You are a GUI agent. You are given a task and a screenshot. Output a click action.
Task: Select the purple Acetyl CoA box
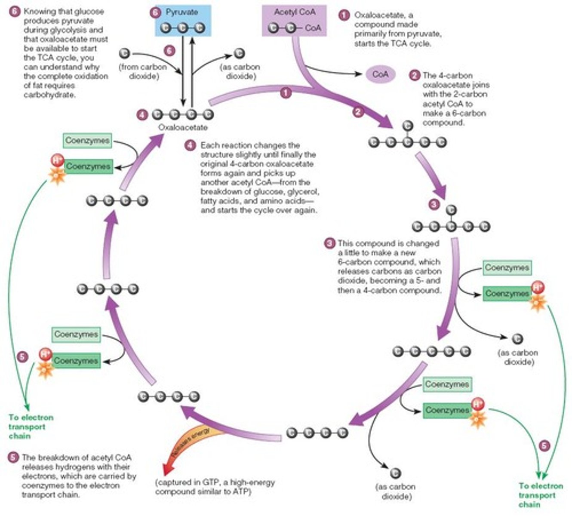(295, 21)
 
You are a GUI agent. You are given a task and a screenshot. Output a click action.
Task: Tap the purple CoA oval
(380, 74)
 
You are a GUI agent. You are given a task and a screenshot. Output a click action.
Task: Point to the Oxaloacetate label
(183, 127)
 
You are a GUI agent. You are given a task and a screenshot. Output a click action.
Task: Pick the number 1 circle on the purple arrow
(286, 92)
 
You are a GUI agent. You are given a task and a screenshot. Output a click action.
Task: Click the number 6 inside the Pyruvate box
(156, 12)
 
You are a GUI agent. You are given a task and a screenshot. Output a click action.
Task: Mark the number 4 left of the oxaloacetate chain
(142, 115)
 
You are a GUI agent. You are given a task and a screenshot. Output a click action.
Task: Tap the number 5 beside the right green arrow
(544, 445)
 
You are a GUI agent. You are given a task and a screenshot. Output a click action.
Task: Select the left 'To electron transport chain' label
(31, 427)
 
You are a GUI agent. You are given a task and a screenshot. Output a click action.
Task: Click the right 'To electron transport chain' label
(541, 495)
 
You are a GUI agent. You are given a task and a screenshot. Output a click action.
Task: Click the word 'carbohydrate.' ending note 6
(49, 95)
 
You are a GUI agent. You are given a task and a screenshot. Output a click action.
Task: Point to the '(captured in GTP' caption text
(215, 482)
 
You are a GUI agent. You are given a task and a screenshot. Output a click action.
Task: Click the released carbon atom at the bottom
(395, 473)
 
